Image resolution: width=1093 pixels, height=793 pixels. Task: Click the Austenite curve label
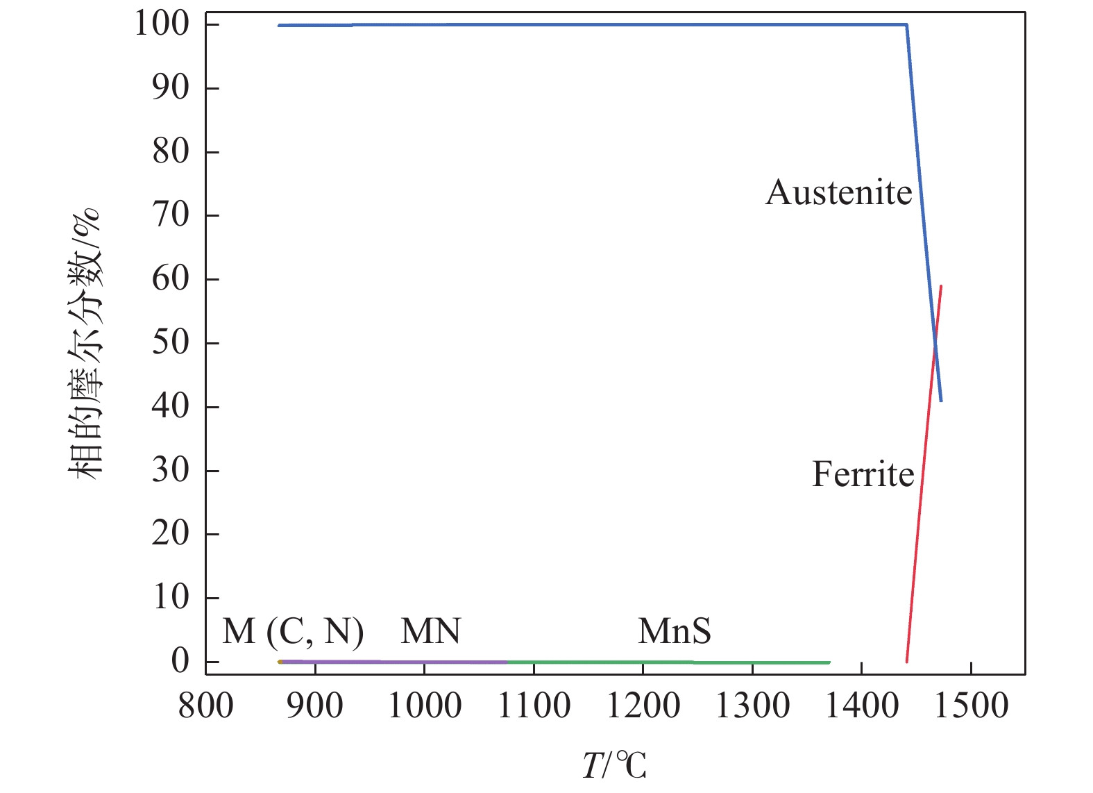click(x=838, y=192)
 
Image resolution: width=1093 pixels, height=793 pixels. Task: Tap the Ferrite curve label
click(x=863, y=475)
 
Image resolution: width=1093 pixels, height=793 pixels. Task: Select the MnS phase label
click(x=675, y=631)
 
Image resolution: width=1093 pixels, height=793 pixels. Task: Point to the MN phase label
click(x=430, y=631)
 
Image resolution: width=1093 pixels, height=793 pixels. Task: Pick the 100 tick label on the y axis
click(x=162, y=24)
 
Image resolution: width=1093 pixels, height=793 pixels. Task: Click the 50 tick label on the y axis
click(x=170, y=343)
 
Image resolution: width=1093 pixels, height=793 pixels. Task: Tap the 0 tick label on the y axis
click(x=180, y=661)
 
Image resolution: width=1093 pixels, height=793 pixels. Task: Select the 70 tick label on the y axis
click(x=170, y=215)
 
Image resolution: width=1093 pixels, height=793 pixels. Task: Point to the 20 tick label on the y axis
click(x=170, y=534)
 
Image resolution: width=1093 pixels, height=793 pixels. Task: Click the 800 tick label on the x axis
click(x=206, y=706)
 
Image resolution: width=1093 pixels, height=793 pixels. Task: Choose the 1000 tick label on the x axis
click(x=424, y=706)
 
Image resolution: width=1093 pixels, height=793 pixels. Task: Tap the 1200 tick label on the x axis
click(x=643, y=706)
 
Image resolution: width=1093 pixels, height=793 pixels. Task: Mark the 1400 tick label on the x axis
click(x=861, y=706)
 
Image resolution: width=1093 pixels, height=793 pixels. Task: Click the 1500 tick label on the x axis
click(x=971, y=706)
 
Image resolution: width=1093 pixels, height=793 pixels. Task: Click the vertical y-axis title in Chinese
click(x=86, y=343)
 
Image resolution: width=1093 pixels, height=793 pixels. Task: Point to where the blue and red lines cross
click(x=935, y=344)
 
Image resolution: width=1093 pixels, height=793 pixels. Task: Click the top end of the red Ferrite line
click(x=940, y=286)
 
